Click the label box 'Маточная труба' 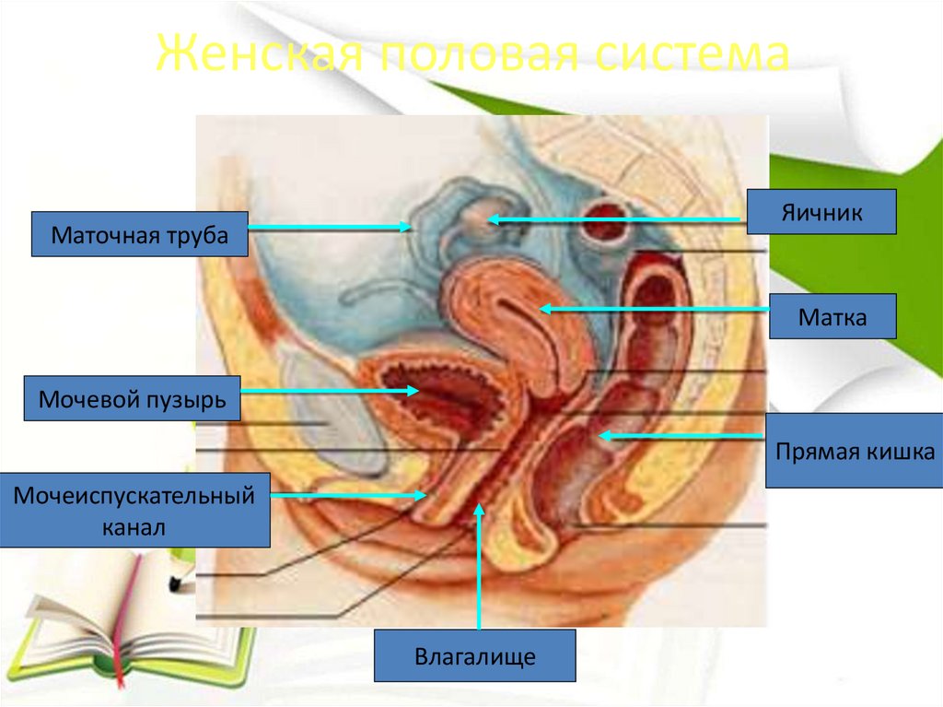pyautogui.click(x=141, y=234)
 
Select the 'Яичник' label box pyautogui.click(x=821, y=212)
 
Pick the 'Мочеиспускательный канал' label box pyautogui.click(x=134, y=510)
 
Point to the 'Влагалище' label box pyautogui.click(x=474, y=655)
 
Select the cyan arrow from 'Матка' pyautogui.click(x=654, y=310)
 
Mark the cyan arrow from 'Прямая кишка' pyautogui.click(x=681, y=435)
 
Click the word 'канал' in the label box pyautogui.click(x=134, y=528)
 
